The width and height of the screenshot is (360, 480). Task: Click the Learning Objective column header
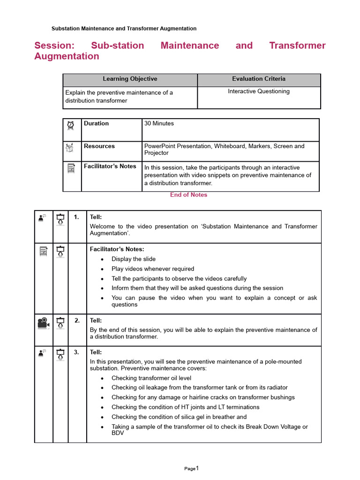point(130,79)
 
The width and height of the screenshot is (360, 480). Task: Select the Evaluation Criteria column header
point(258,79)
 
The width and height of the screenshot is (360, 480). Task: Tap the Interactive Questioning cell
point(258,91)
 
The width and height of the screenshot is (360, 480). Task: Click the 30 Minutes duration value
point(159,124)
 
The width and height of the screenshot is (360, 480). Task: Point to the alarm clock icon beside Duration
point(71,125)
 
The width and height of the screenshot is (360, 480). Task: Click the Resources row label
point(99,146)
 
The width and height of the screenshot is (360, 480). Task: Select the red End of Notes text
point(188,195)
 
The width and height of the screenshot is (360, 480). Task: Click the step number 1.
point(77,217)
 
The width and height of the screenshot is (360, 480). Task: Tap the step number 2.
point(77,321)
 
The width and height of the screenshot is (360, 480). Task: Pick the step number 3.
point(77,352)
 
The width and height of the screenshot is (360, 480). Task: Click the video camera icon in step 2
point(43,323)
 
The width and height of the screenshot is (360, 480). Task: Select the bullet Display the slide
point(134,259)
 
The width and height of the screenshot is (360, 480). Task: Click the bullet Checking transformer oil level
point(151,378)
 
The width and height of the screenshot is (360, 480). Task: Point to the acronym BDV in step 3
point(118,434)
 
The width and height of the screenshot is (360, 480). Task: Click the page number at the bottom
point(192,468)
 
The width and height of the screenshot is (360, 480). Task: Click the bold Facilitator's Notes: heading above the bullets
point(117,249)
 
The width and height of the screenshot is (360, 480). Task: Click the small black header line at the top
point(124,29)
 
